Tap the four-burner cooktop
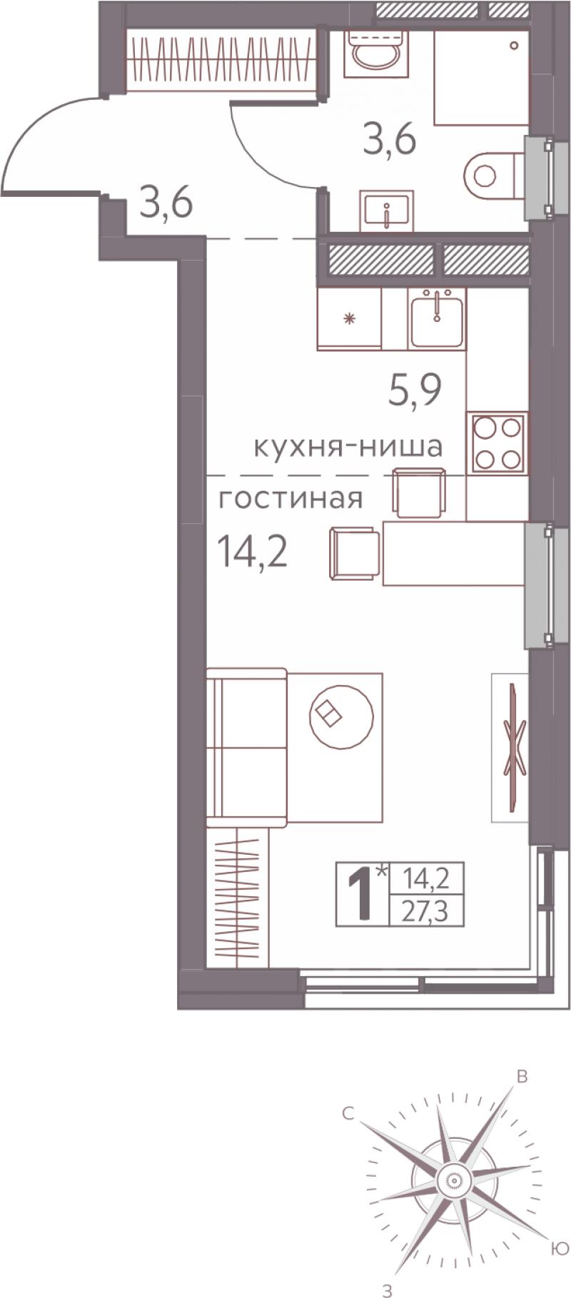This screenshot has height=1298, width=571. (x=497, y=442)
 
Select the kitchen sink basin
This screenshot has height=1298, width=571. (x=436, y=318)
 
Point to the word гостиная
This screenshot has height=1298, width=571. (x=290, y=498)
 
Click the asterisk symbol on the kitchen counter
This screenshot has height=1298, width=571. (x=349, y=318)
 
